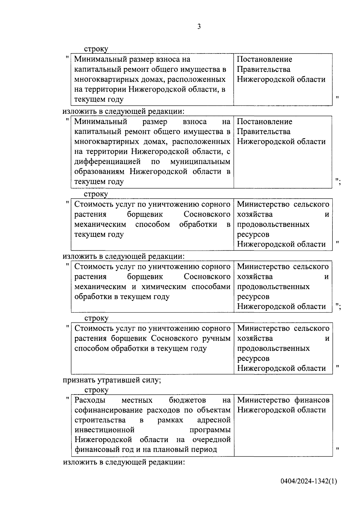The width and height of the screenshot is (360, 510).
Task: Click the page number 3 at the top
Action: [199, 27]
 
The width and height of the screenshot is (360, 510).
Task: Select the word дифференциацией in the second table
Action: [107, 162]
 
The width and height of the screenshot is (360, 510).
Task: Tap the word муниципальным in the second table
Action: [200, 162]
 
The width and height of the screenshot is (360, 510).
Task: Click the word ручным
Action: [217, 338]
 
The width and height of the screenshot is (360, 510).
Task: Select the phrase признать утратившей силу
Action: [112, 380]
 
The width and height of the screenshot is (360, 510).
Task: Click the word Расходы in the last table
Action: [90, 400]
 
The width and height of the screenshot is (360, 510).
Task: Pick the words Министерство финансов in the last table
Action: [283, 400]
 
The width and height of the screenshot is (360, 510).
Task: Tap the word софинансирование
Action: [109, 410]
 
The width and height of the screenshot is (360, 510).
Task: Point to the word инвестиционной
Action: [104, 430]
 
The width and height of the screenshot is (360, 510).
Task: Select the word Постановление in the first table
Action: [264, 60]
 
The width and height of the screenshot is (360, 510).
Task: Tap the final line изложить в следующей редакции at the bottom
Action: [124, 462]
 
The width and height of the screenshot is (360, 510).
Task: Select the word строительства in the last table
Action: [100, 420]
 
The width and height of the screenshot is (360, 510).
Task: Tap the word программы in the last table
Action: [210, 430]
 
